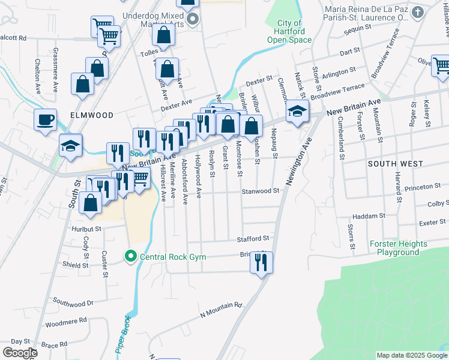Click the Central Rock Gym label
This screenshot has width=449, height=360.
coord(173,257)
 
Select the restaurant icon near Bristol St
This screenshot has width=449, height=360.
coord(261,263)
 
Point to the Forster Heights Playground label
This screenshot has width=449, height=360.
coord(399,248)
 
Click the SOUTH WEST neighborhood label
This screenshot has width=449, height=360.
coord(396,163)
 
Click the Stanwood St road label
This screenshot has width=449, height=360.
coord(261,191)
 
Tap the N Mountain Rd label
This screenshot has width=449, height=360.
coord(220,310)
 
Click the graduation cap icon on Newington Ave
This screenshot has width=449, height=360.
coord(297,111)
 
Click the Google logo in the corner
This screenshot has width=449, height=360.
coord(20,352)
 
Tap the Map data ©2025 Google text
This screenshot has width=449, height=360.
coord(411,355)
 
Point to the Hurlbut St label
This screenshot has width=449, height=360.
coord(86,229)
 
